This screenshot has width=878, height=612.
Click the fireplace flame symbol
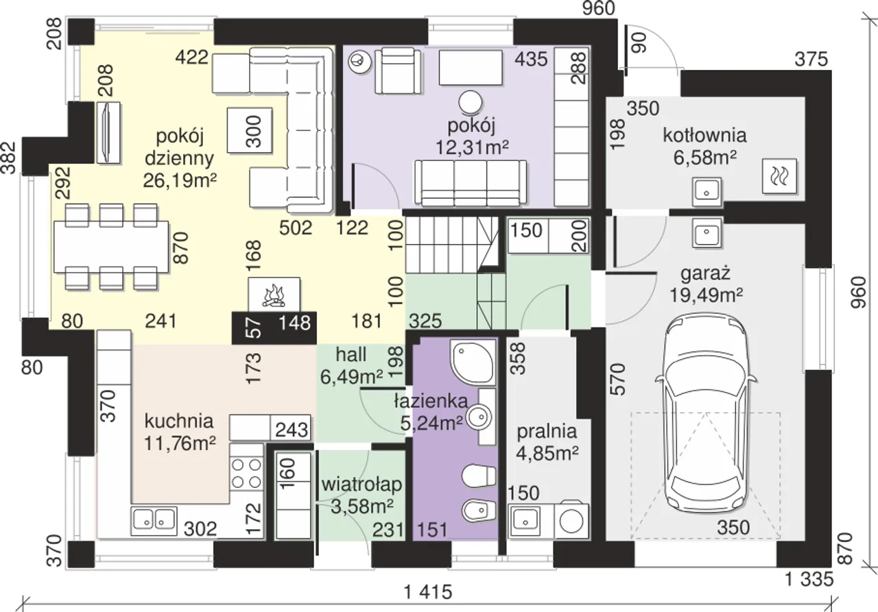pos(274,296)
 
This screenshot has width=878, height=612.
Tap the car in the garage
pos(706,413)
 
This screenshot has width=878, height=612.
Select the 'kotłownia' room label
pos(704,136)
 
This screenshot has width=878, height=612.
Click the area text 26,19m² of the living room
pos(180,180)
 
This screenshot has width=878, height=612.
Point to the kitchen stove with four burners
pos(246,475)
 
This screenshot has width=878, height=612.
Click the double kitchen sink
pos(154,521)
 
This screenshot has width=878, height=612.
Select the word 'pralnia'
pos(547,432)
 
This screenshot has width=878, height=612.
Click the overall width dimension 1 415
pos(428,592)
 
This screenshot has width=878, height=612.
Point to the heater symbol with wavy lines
pos(779,176)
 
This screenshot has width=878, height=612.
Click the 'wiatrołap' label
pos(361,485)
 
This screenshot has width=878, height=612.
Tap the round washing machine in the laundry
pos(571,521)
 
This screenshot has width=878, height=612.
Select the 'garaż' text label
pos(706,273)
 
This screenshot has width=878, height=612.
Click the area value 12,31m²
pos(472,147)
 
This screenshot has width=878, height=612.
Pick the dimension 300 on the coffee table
pos(254,131)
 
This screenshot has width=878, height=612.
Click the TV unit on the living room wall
pos(108,132)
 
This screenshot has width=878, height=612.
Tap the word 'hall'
pos(351,354)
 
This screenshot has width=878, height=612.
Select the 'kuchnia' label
pos(179,421)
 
